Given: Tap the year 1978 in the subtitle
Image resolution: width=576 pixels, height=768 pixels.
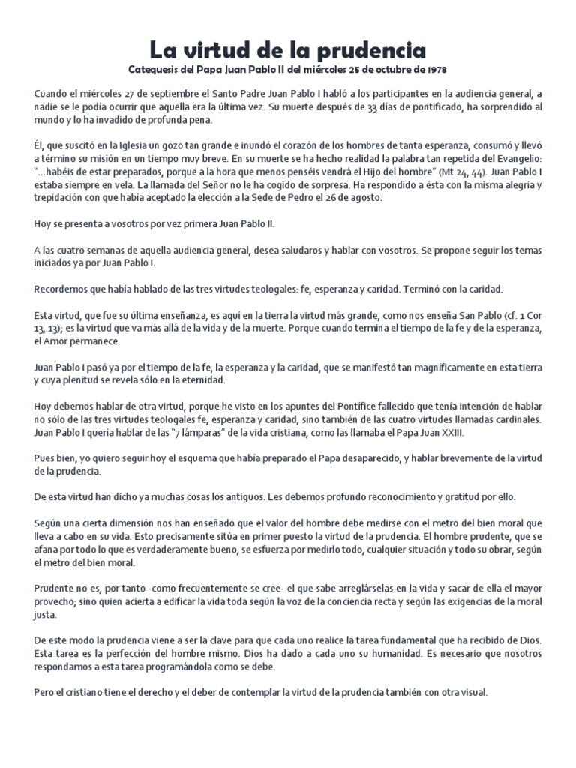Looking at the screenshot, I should [434, 70].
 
